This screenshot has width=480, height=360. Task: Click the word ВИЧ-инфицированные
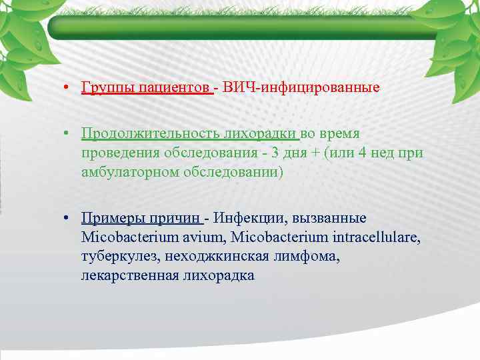pos(302,88)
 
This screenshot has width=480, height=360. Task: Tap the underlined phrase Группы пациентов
pos(146,88)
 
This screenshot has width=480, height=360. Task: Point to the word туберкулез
pos(117,256)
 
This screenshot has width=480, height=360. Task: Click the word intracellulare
pos(379,237)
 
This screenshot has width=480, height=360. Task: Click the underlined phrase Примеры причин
pos(141,218)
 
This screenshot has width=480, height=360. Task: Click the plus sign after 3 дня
pos(313,153)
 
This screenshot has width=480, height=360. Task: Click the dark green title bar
pos(240,27)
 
